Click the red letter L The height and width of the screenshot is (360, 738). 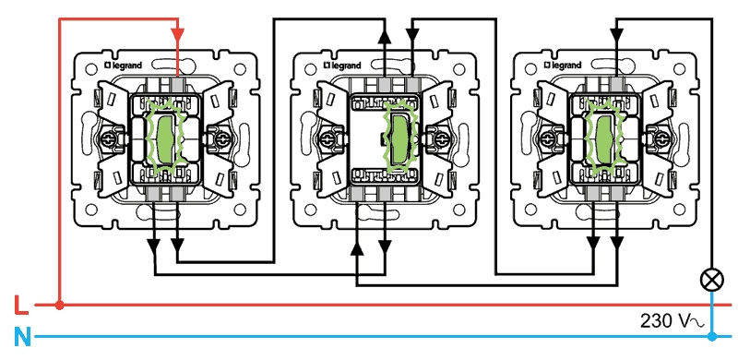21,305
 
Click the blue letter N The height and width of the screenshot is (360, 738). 22,337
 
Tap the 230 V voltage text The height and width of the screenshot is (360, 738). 672,321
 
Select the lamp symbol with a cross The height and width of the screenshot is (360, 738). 712,281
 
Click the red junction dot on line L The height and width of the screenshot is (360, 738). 59,306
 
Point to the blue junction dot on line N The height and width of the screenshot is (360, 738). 712,336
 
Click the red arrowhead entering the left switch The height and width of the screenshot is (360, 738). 177,35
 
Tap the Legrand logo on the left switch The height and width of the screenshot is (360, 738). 123,66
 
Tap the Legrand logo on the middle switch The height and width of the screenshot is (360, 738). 342,66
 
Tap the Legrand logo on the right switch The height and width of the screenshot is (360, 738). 563,66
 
